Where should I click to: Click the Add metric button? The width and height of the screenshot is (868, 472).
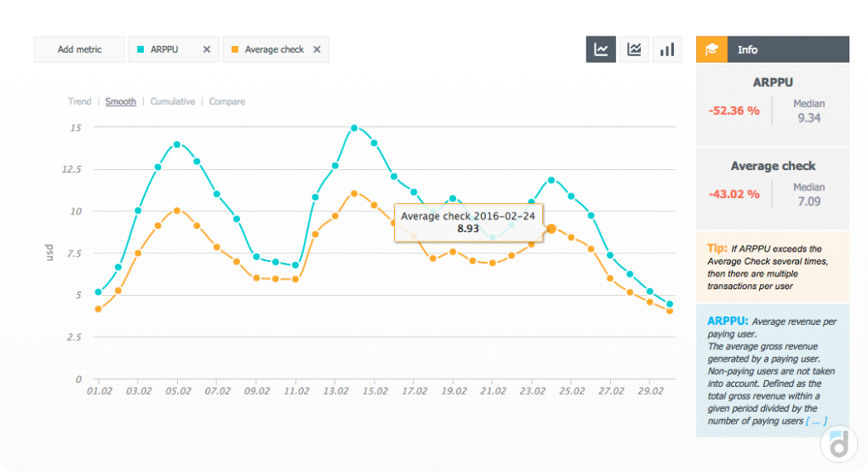pyautogui.click(x=79, y=49)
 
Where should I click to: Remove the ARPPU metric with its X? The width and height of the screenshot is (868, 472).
pyautogui.click(x=207, y=49)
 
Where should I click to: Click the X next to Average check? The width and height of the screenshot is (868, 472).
pyautogui.click(x=317, y=49)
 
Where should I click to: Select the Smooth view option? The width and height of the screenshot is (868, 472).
pyautogui.click(x=121, y=101)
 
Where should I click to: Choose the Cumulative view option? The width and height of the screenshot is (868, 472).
pyautogui.click(x=173, y=101)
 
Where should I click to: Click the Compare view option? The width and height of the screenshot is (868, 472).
pyautogui.click(x=227, y=101)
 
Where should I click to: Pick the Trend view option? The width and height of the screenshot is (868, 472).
pyautogui.click(x=80, y=101)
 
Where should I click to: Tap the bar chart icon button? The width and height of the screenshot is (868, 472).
pyautogui.click(x=667, y=49)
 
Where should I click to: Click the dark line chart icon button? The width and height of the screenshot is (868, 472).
pyautogui.click(x=601, y=49)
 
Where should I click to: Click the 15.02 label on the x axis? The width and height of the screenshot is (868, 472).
pyautogui.click(x=374, y=391)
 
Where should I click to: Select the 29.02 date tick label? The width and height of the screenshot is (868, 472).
pyautogui.click(x=651, y=391)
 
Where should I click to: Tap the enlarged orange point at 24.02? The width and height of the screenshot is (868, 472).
pyautogui.click(x=551, y=229)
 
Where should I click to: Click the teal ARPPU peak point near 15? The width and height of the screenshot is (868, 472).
pyautogui.click(x=354, y=128)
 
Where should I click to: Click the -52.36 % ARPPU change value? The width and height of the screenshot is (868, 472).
pyautogui.click(x=734, y=111)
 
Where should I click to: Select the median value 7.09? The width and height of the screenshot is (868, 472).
pyautogui.click(x=808, y=202)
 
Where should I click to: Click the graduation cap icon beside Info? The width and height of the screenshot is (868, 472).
pyautogui.click(x=711, y=49)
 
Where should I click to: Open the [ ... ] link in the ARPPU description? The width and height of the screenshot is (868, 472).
pyautogui.click(x=816, y=420)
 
